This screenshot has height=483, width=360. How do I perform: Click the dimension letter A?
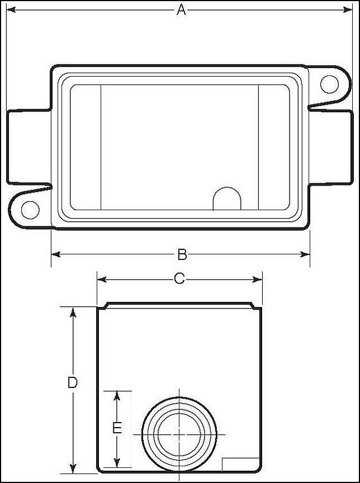(181, 10)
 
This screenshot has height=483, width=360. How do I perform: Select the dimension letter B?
(182, 254)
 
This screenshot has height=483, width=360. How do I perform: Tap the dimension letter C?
(179, 278)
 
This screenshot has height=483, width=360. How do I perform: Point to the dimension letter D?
(72, 383)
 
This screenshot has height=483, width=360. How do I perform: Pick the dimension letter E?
(117, 428)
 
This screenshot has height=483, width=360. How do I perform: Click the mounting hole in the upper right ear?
(329, 84)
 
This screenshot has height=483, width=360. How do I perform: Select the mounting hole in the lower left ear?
(30, 210)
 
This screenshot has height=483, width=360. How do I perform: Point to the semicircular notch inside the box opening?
(228, 199)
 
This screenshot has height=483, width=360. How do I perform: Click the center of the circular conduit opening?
(179, 434)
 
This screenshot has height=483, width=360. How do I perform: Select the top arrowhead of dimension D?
(72, 312)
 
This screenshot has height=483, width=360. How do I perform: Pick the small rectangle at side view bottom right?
(241, 465)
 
